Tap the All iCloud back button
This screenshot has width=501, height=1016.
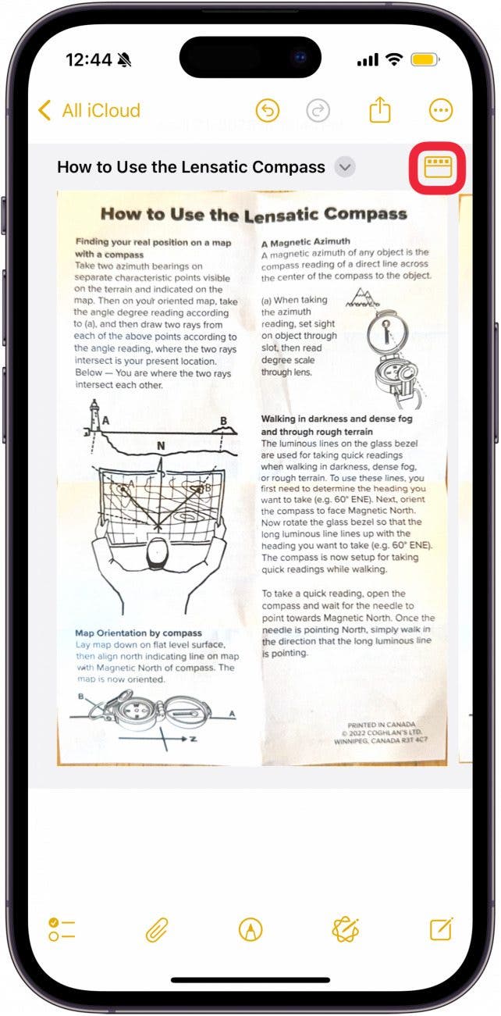click(x=90, y=111)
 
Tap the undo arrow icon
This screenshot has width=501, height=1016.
click(x=268, y=111)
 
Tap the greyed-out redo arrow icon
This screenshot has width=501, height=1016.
click(x=318, y=111)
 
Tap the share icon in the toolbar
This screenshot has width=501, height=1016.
click(x=379, y=110)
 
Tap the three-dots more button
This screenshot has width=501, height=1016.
click(x=441, y=111)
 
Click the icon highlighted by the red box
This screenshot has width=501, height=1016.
click(x=438, y=166)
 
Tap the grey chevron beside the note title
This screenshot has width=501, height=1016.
click(x=344, y=166)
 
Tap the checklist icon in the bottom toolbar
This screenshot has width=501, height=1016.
click(x=62, y=929)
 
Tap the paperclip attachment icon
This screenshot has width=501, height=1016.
click(x=157, y=929)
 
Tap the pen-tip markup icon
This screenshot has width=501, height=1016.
click(x=250, y=929)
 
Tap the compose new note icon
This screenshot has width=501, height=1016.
click(x=441, y=929)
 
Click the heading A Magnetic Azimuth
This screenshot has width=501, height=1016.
click(x=305, y=241)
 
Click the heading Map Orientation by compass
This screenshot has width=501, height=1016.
click(x=138, y=633)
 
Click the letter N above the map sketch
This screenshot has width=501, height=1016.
click(x=160, y=446)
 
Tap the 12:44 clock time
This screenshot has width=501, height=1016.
click(x=88, y=60)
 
